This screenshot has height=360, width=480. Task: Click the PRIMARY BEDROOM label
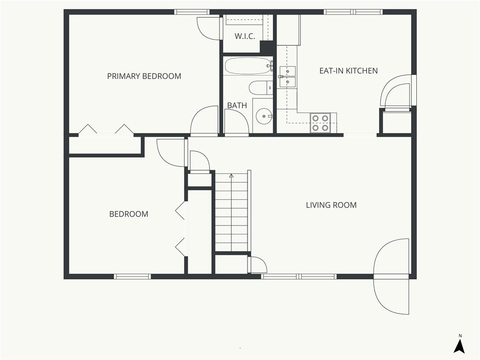coord(144,76)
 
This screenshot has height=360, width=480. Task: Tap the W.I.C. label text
coord(245,36)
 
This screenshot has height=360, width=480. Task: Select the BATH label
coord(237,105)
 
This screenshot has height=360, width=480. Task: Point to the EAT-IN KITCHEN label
coord(348,71)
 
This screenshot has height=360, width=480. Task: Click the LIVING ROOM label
coord(331,205)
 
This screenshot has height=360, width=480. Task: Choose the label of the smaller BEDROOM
coord(128,214)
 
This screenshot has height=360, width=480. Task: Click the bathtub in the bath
coord(248,66)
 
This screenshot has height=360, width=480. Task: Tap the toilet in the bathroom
coord(261,88)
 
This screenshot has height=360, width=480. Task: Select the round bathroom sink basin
coord(264,116)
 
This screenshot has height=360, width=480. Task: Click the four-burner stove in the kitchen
coord(320,123)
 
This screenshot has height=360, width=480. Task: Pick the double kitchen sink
coord(287,76)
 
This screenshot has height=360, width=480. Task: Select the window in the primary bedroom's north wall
coord(192,12)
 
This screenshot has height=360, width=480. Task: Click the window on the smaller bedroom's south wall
coord(133,277)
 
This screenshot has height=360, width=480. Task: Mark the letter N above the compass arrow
coord(460,336)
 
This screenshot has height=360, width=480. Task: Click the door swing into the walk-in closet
coord(209,28)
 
